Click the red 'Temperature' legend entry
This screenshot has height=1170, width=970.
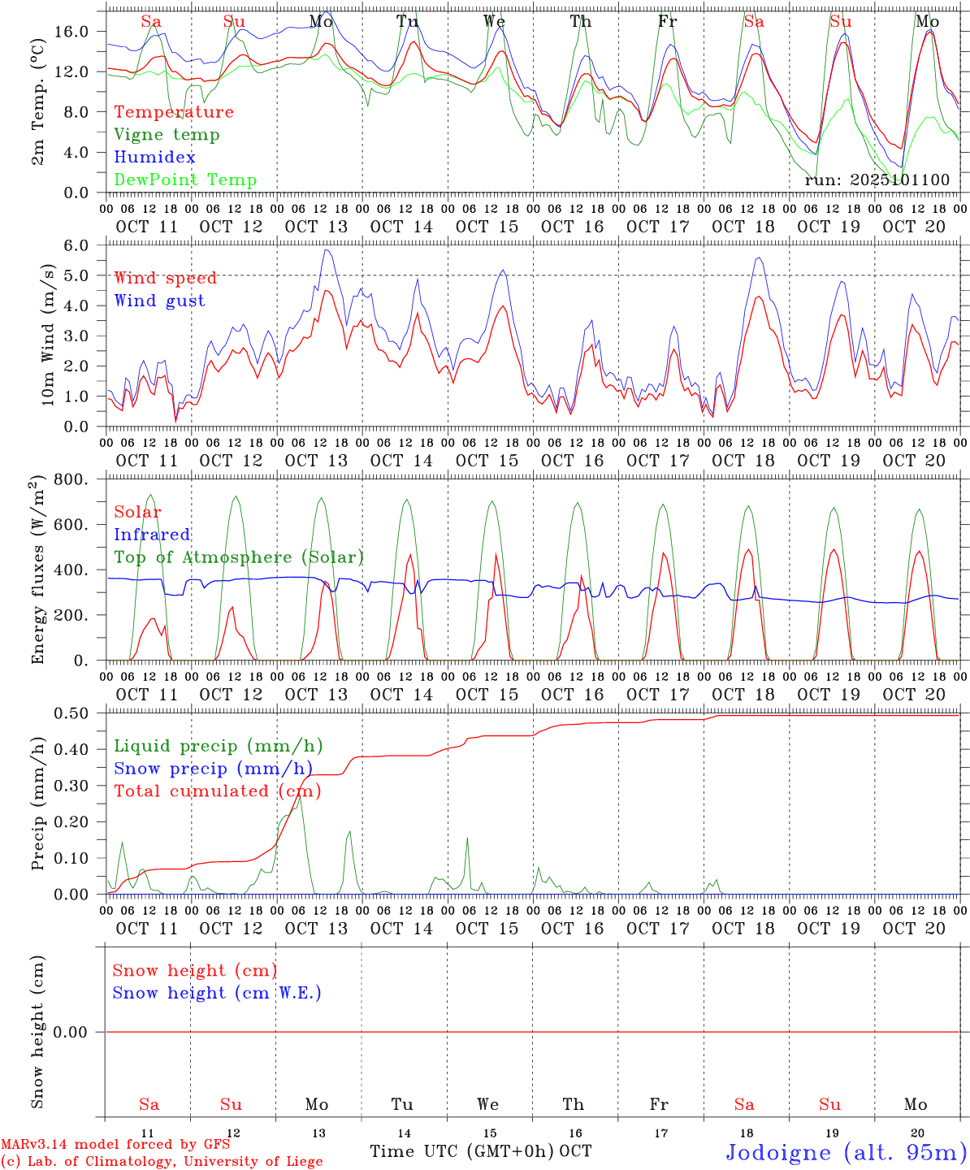[x=173, y=112]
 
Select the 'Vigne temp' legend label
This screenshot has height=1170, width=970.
[x=167, y=135]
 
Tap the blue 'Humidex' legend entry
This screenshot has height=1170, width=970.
[x=154, y=158]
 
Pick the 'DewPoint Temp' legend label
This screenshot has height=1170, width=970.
[x=185, y=180]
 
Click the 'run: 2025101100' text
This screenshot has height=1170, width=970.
[x=877, y=180]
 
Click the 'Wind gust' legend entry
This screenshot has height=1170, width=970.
[x=159, y=301]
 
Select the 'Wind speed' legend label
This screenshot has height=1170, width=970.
[x=165, y=278]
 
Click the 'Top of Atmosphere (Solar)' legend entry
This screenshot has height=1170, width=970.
[x=238, y=557]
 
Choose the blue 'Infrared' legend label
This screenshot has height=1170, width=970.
[x=152, y=535]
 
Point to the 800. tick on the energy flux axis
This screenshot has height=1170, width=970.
[x=71, y=480]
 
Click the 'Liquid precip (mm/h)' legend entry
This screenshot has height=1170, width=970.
[x=218, y=746]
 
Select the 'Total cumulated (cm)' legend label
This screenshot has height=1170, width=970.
[x=217, y=791]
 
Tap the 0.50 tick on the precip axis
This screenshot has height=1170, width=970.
[x=71, y=713]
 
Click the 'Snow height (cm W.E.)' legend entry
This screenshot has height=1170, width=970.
[x=217, y=993]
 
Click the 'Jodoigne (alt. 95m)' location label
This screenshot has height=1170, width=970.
[x=846, y=1152]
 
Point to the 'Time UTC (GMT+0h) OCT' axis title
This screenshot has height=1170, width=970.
[x=480, y=1151]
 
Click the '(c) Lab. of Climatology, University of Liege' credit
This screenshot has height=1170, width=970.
[x=162, y=1162]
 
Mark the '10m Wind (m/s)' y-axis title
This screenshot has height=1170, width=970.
[x=49, y=335]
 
